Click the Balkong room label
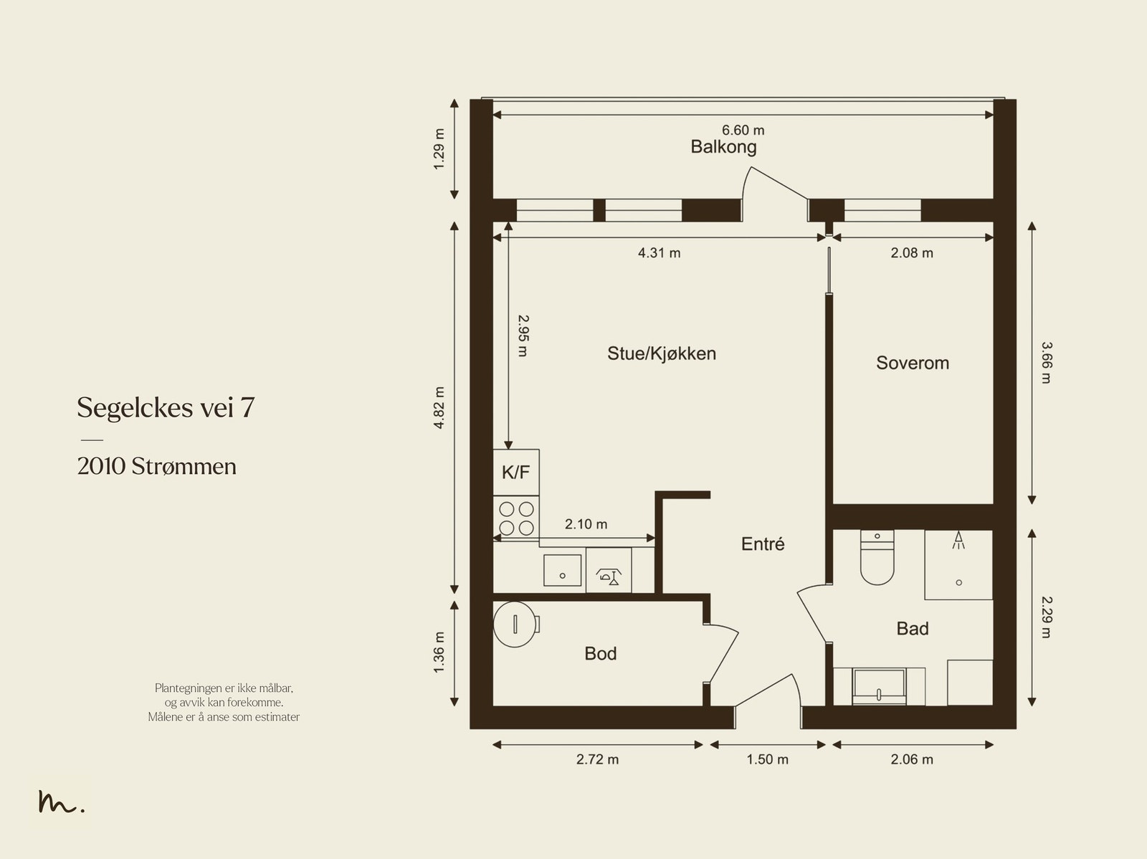pyautogui.click(x=723, y=147)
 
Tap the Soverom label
pyautogui.click(x=913, y=363)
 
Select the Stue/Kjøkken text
pyautogui.click(x=662, y=353)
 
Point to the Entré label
pyautogui.click(x=763, y=544)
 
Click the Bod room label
pyautogui.click(x=601, y=653)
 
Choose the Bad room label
pyautogui.click(x=913, y=628)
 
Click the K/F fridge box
pyautogui.click(x=516, y=473)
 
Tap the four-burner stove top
pyautogui.click(x=516, y=518)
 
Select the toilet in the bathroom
pyautogui.click(x=877, y=557)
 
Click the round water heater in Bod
pyautogui.click(x=515, y=625)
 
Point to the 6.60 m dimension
pyautogui.click(x=743, y=130)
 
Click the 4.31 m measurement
pyautogui.click(x=659, y=253)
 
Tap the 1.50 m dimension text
pyautogui.click(x=767, y=759)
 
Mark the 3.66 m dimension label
pyautogui.click(x=1046, y=363)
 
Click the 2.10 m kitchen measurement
pyautogui.click(x=586, y=524)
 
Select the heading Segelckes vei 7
pyautogui.click(x=166, y=408)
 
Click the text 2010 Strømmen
pyautogui.click(x=157, y=467)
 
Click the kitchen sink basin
pyautogui.click(x=562, y=570)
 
